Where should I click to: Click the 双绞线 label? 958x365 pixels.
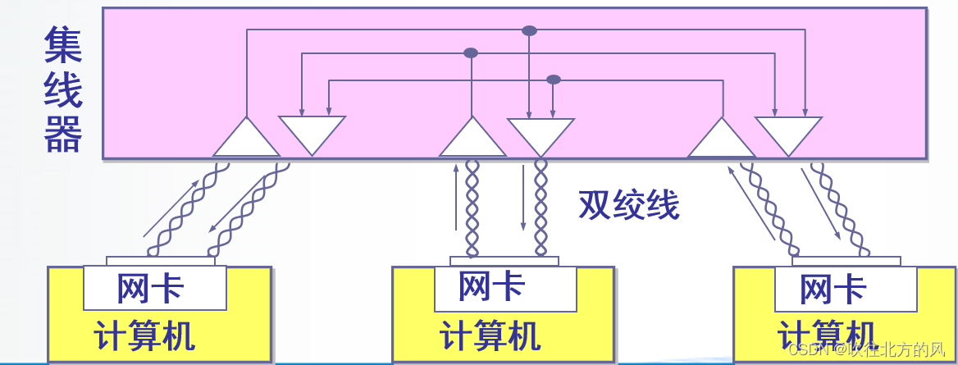point(629,205)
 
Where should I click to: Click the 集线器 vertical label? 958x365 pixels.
point(63,89)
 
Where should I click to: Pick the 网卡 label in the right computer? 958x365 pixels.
point(833,289)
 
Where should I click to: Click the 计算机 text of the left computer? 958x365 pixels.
point(144,336)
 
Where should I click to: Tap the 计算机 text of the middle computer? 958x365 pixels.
point(490,336)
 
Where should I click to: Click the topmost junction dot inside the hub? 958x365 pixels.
point(529,30)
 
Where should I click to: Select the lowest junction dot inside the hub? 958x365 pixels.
point(554,80)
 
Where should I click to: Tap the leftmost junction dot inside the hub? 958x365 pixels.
point(471,52)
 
